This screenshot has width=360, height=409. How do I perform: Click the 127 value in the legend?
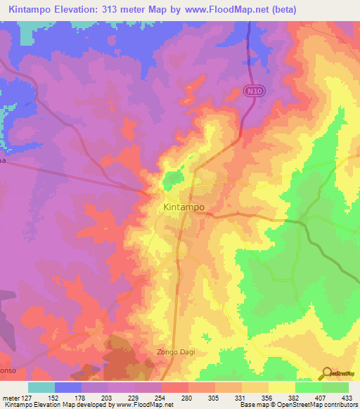(28, 397)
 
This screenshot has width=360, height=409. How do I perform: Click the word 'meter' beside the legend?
(10, 397)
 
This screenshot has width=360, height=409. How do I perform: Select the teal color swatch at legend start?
(41, 387)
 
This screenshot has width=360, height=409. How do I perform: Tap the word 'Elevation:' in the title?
(86, 9)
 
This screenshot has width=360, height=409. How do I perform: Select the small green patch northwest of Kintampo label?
(172, 181)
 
